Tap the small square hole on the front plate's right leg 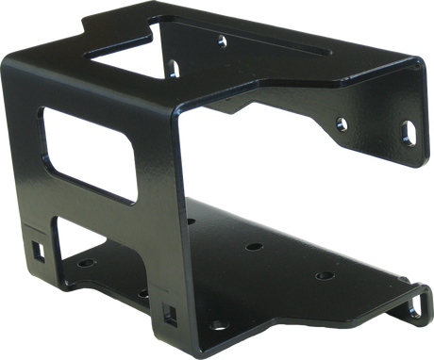pyautogui.click(x=169, y=311)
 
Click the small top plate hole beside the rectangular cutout pyautogui.click(x=173, y=66)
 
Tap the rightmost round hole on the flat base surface pyautogui.click(x=324, y=276)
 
